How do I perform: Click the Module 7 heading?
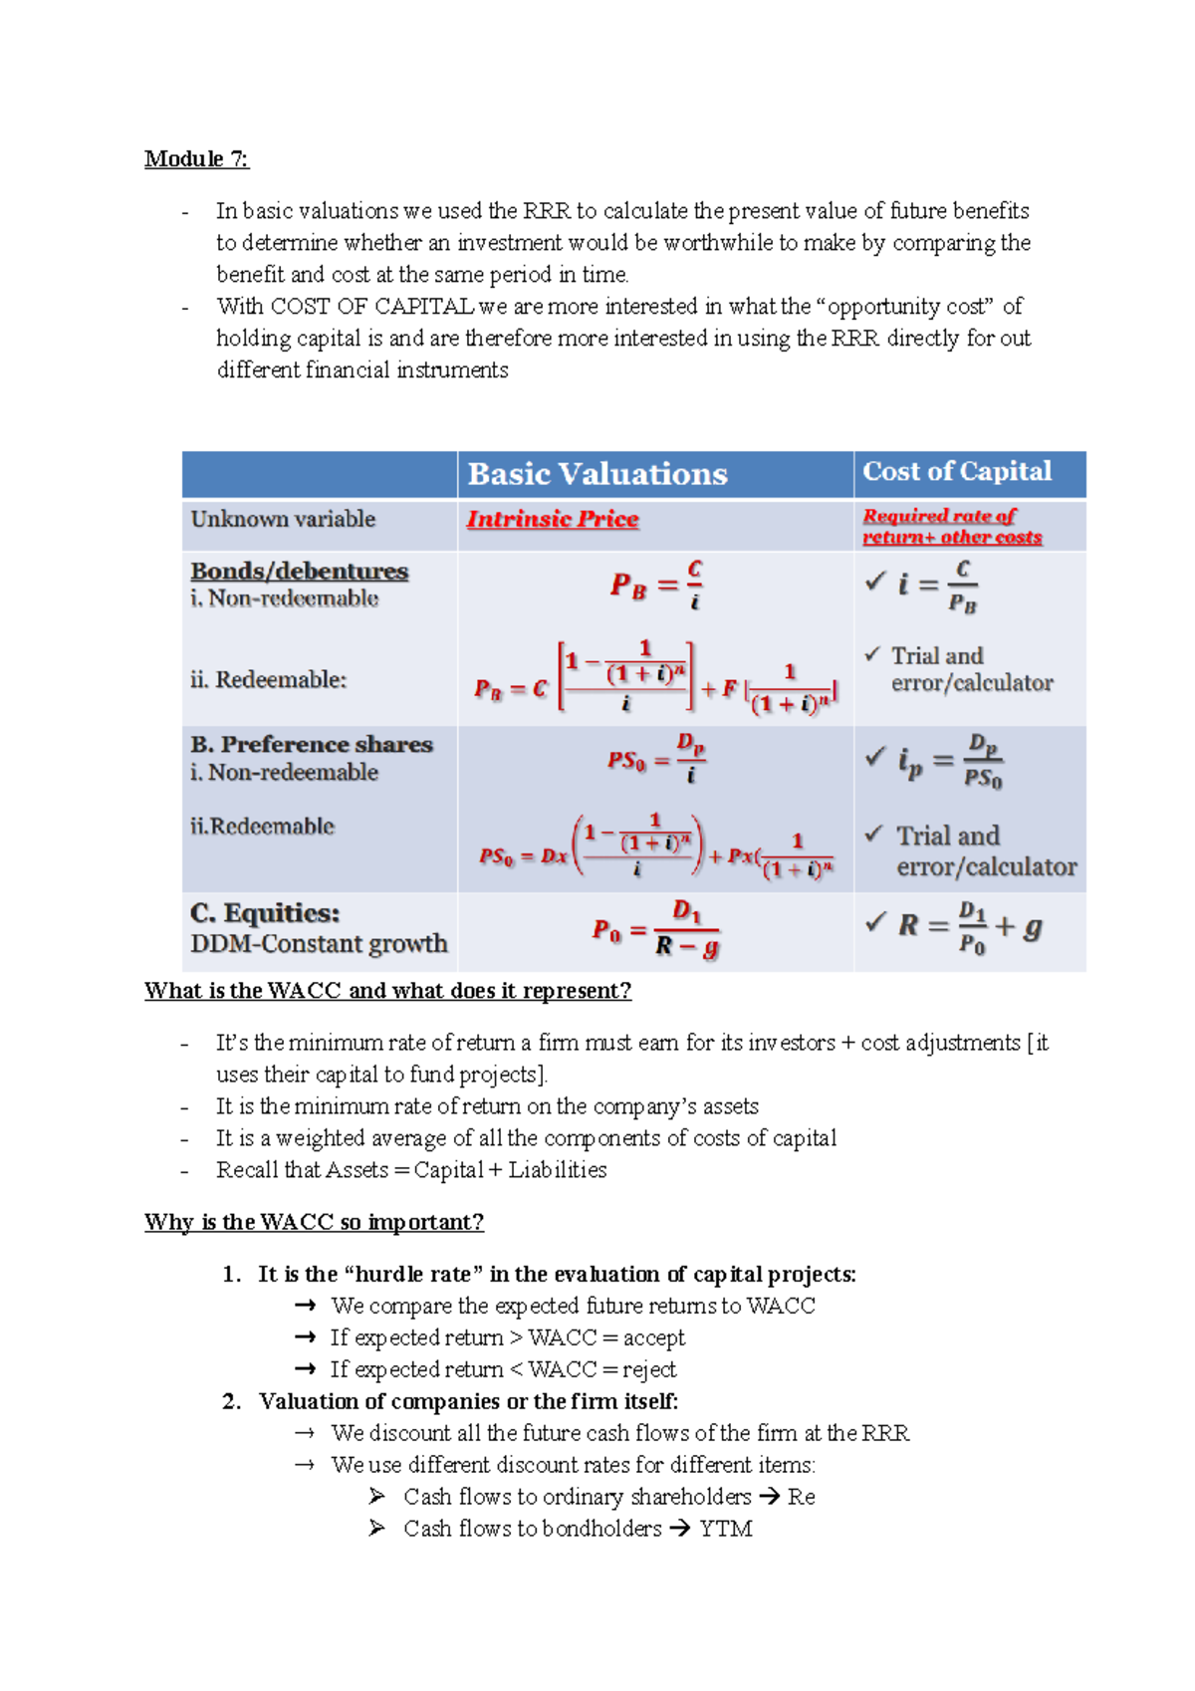coord(196,158)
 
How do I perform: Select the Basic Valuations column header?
coord(597,474)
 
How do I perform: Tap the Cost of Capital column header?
coord(956,471)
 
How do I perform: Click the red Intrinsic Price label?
coord(553,519)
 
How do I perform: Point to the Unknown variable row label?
coord(283,519)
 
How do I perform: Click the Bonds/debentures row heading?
coord(299,572)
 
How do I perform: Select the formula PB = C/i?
coord(657,585)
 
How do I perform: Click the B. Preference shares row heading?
coord(311,745)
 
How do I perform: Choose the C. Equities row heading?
coord(265,913)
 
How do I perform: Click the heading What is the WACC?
coord(387,991)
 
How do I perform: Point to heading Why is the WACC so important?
coord(314,1222)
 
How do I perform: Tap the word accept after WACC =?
coord(654,1337)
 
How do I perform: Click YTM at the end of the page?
coord(725,1529)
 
